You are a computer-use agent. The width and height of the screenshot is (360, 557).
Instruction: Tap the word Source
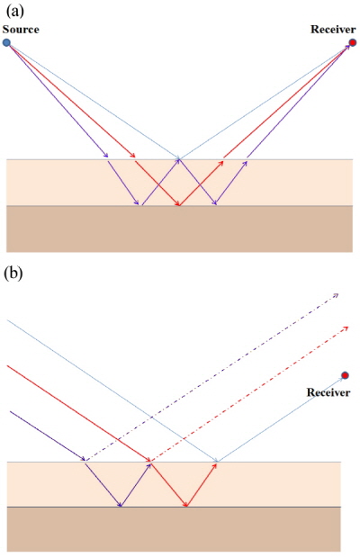[21, 30]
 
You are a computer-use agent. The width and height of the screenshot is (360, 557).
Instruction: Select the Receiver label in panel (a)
[333, 30]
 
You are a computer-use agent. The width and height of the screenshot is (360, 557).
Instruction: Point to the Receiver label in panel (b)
[328, 392]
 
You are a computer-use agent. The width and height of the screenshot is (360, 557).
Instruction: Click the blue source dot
[7, 42]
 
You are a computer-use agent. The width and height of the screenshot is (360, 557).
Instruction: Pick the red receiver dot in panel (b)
[345, 375]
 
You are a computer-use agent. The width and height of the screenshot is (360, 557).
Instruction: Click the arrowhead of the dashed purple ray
[337, 294]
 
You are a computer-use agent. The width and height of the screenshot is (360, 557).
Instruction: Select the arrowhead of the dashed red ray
[348, 327]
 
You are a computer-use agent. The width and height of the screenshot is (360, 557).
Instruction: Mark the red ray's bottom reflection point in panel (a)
[178, 205]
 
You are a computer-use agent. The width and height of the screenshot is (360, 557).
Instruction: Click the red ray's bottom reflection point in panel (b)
[186, 507]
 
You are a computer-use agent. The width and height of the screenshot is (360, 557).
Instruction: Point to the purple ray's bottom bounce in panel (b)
[121, 507]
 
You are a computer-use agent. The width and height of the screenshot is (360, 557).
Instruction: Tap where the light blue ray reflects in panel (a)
[178, 159]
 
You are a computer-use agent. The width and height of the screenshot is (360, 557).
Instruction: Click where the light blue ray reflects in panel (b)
[217, 463]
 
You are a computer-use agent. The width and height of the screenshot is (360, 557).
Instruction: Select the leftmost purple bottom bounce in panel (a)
[139, 205]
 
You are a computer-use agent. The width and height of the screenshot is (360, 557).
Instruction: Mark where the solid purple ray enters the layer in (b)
[85, 463]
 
